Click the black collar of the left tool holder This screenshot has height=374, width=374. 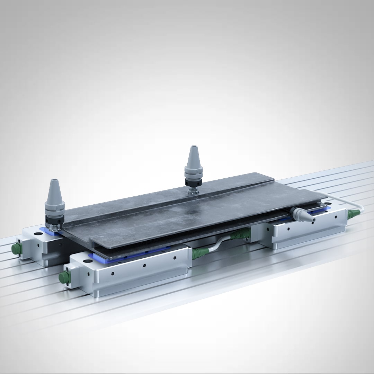(54, 219)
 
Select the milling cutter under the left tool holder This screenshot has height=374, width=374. (54, 226)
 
